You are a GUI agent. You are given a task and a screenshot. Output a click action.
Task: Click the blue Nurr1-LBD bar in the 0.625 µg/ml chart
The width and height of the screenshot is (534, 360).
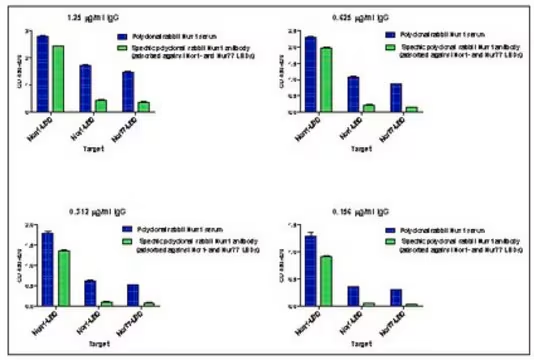click(x=310, y=75)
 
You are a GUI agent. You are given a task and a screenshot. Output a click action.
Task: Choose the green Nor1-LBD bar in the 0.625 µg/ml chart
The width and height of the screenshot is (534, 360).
click(x=369, y=108)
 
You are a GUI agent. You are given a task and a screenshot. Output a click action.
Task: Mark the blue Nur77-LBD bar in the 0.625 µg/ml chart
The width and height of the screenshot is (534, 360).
click(x=396, y=98)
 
